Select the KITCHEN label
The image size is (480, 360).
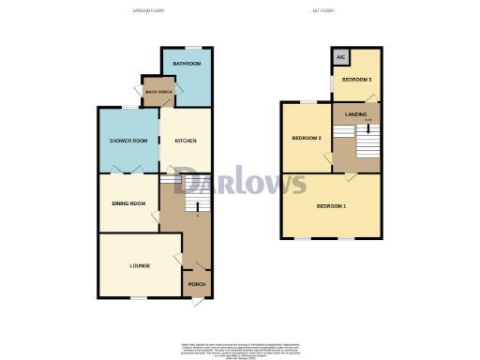coord(186,141)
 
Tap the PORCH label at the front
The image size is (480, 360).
coord(197,284)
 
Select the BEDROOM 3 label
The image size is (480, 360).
coord(356,81)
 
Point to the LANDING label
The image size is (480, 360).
coord(355,113)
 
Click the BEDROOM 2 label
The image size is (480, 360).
coord(307,139)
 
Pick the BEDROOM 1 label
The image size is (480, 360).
coord(331,205)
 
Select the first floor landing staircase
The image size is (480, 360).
coord(365,145)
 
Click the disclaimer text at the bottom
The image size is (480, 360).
coord(241,350)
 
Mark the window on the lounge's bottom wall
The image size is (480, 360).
coord(138,299)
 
